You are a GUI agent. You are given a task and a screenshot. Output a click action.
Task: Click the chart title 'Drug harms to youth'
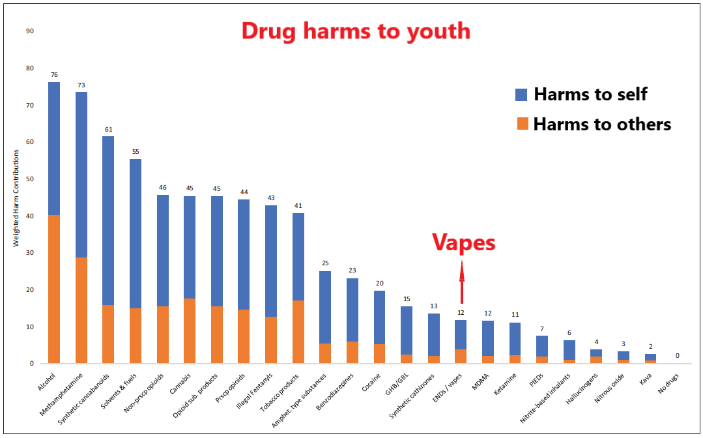point(356,31)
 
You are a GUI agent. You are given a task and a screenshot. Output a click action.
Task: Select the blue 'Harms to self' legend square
point(521,94)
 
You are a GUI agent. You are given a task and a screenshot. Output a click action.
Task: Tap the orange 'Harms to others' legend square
point(521,124)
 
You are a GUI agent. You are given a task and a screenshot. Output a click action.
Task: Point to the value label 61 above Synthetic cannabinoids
point(109,129)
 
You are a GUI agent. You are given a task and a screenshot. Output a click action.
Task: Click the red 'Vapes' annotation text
point(463,243)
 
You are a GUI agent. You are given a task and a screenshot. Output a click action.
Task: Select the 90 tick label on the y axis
point(30,31)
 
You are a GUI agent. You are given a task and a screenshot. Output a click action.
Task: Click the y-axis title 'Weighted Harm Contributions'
point(17,198)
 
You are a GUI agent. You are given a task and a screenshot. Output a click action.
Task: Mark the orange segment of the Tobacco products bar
point(298,332)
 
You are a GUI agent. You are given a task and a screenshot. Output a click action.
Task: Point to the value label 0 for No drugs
point(677,356)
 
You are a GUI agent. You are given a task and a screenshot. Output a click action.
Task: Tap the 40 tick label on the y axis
point(30,216)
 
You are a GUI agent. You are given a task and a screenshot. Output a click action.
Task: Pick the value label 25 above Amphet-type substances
point(325,263)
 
